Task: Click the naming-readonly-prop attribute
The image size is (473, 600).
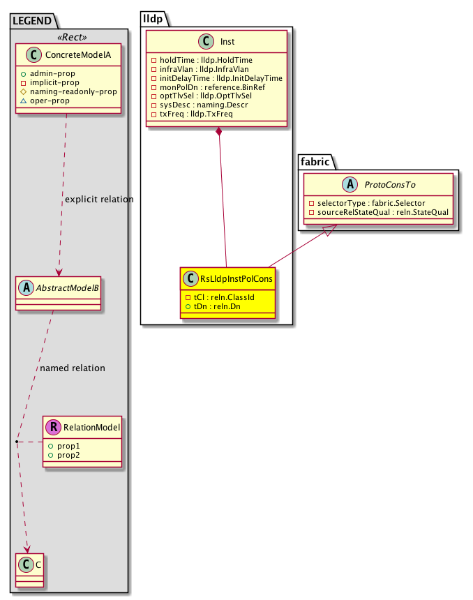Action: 82,91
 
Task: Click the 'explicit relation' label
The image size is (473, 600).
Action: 98,200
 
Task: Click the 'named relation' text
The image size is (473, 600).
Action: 73,368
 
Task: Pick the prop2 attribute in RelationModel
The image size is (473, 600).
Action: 68,454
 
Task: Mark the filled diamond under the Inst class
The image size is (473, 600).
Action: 220,132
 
